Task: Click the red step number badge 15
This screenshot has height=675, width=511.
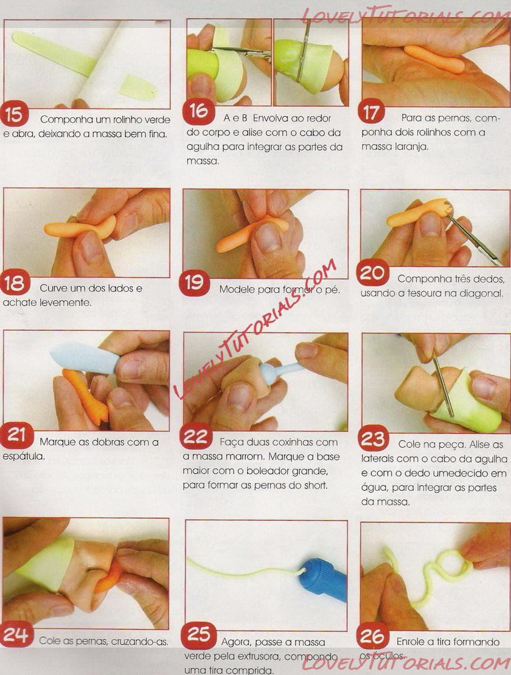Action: [14, 114]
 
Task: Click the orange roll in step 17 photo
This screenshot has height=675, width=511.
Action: [434, 60]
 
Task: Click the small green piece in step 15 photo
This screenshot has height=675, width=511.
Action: [138, 88]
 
